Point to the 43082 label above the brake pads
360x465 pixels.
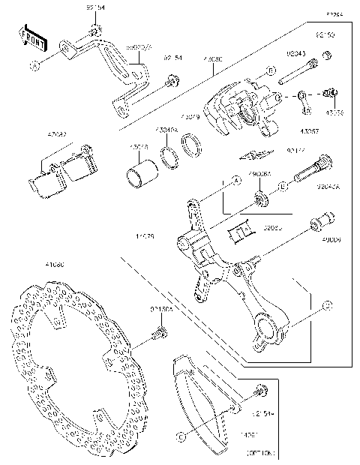[56, 134]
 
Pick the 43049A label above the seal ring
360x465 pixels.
[166, 129]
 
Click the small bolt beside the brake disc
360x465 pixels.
[159, 330]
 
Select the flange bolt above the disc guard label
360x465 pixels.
[259, 391]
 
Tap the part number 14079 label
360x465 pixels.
[145, 236]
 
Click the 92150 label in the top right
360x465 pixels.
[325, 35]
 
